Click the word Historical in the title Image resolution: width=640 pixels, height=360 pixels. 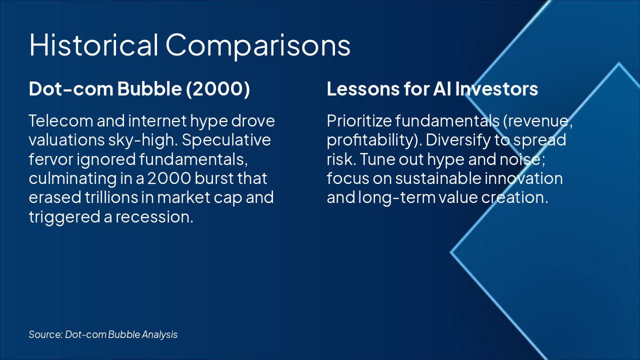click(93, 45)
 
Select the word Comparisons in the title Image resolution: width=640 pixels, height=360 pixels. click(258, 45)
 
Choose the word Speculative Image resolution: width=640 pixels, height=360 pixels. click(226, 140)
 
